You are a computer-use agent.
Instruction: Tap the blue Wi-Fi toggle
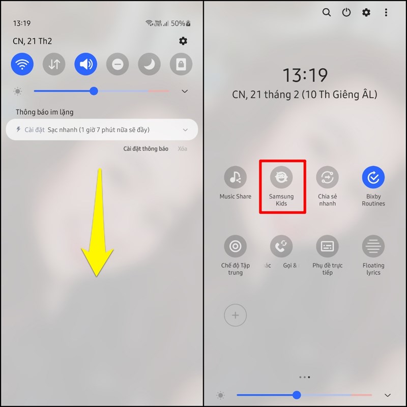click(22, 64)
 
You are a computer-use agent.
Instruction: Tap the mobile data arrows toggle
click(54, 64)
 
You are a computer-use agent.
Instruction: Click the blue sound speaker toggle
click(85, 64)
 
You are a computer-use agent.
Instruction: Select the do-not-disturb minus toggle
click(118, 64)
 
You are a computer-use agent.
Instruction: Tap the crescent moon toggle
click(149, 64)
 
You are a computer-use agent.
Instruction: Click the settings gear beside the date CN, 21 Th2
click(183, 41)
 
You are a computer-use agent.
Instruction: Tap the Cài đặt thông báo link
click(146, 149)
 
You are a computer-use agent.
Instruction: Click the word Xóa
click(182, 149)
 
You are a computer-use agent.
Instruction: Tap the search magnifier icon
click(327, 13)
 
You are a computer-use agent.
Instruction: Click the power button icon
click(346, 13)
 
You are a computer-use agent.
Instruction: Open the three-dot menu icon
click(386, 13)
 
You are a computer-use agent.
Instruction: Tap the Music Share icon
click(235, 178)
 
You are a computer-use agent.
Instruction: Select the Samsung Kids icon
click(281, 178)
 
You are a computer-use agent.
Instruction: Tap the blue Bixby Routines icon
click(373, 178)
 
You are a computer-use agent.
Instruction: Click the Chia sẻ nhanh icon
click(327, 178)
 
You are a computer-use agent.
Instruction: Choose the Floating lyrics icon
click(373, 247)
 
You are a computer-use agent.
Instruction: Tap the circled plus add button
click(235, 315)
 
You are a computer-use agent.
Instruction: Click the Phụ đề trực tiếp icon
click(327, 247)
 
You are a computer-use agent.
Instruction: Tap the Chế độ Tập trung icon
click(235, 247)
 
